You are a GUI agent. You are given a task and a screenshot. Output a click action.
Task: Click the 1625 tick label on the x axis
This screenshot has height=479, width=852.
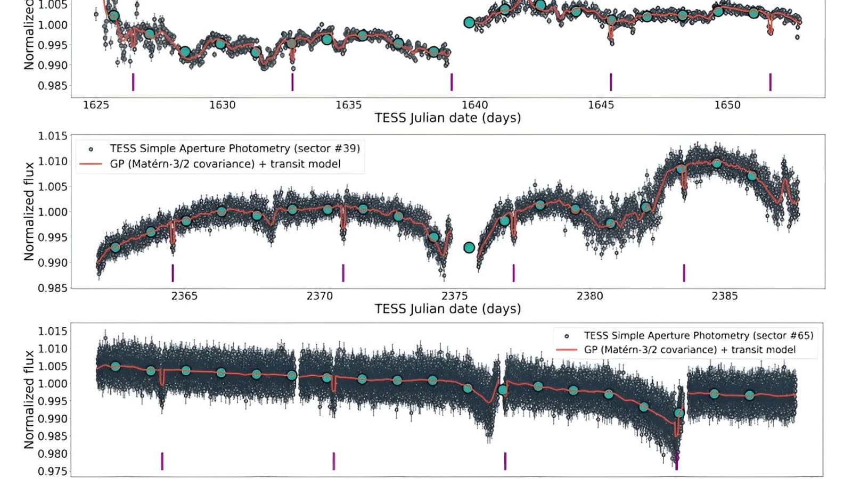click(96, 105)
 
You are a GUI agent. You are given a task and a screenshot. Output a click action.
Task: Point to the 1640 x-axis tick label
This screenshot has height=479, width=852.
click(474, 105)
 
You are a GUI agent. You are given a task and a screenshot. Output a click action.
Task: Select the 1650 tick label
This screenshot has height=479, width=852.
click(727, 105)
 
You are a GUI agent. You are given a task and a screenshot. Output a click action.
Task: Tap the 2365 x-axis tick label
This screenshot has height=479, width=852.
click(184, 296)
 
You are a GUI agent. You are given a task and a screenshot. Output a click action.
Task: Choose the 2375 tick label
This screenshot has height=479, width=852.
click(455, 296)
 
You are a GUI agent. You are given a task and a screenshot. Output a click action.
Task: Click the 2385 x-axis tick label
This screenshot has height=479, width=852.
click(725, 296)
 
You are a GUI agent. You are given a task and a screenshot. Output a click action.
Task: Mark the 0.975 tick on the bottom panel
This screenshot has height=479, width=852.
click(52, 472)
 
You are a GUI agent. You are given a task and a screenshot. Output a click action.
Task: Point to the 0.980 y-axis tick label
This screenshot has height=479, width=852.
click(52, 454)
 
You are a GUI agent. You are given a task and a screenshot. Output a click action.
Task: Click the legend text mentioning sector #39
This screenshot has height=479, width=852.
click(235, 148)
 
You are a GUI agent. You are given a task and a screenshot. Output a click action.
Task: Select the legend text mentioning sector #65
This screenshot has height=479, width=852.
click(699, 336)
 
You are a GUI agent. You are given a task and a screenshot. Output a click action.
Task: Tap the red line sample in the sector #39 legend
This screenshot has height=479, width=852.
click(91, 164)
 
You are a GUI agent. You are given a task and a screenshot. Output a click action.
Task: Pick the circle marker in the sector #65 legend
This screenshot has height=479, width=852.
click(567, 336)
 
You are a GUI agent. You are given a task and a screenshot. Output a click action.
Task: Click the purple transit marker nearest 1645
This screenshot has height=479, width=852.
click(611, 82)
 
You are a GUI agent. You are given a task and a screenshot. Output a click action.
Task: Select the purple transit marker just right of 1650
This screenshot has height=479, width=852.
click(770, 82)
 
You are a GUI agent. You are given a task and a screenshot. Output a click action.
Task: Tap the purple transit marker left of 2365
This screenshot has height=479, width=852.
click(173, 272)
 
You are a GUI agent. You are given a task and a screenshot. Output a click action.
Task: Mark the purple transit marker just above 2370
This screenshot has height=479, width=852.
click(343, 272)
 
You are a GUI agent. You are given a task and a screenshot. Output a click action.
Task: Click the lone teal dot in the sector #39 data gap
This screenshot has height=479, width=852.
click(469, 247)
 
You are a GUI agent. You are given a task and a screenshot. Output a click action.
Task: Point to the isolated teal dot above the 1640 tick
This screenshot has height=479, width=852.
click(469, 22)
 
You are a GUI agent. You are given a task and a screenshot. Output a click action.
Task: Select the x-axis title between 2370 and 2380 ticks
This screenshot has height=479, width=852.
click(447, 309)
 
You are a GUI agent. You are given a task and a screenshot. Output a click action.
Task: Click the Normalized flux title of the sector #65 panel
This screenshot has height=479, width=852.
click(29, 399)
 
